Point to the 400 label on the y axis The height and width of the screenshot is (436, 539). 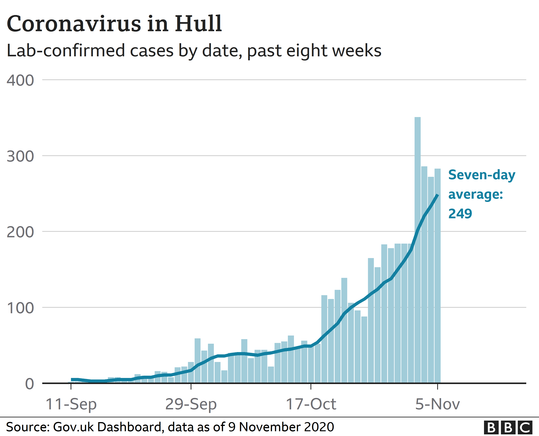point(20,81)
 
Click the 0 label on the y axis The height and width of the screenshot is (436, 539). point(29,384)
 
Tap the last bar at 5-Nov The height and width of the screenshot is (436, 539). point(437,276)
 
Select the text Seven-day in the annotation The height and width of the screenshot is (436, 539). point(482,175)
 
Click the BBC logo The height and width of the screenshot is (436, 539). point(508,427)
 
